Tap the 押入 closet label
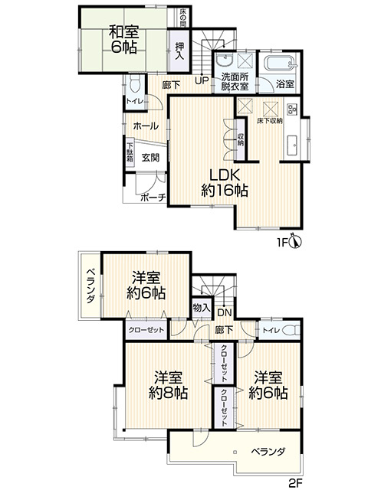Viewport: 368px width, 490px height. point(179,51)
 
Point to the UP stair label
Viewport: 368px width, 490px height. point(202,81)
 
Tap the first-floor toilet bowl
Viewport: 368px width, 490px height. point(135,84)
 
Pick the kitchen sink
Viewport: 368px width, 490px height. point(293,145)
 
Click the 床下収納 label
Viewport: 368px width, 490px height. point(270,121)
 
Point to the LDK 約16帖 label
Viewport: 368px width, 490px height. point(225,183)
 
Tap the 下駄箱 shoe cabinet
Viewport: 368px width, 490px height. point(130,152)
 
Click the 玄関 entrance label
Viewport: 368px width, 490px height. point(150,158)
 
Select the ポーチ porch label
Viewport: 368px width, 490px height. point(153,198)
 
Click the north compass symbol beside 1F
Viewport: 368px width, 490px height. point(295,241)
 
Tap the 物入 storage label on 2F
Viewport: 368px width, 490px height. point(202,308)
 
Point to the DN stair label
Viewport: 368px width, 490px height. point(225,312)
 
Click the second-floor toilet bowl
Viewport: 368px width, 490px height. point(291,330)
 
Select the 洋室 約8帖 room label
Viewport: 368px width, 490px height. point(168,385)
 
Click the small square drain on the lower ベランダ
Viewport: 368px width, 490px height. point(235,451)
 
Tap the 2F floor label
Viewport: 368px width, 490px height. point(295,483)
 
